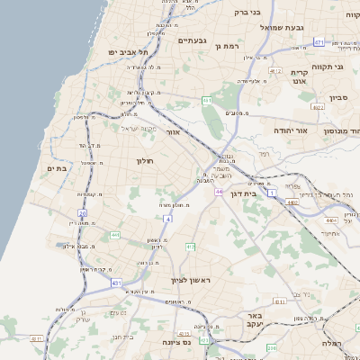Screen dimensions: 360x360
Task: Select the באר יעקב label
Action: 254,322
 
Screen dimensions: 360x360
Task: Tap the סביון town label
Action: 338,96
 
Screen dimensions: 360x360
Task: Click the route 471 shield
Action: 319,42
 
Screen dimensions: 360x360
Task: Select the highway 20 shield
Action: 83,213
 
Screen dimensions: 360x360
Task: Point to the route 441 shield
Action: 115,235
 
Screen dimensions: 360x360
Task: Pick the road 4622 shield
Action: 318,106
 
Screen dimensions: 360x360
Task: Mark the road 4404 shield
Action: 331,219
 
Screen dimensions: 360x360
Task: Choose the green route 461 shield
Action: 207,100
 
